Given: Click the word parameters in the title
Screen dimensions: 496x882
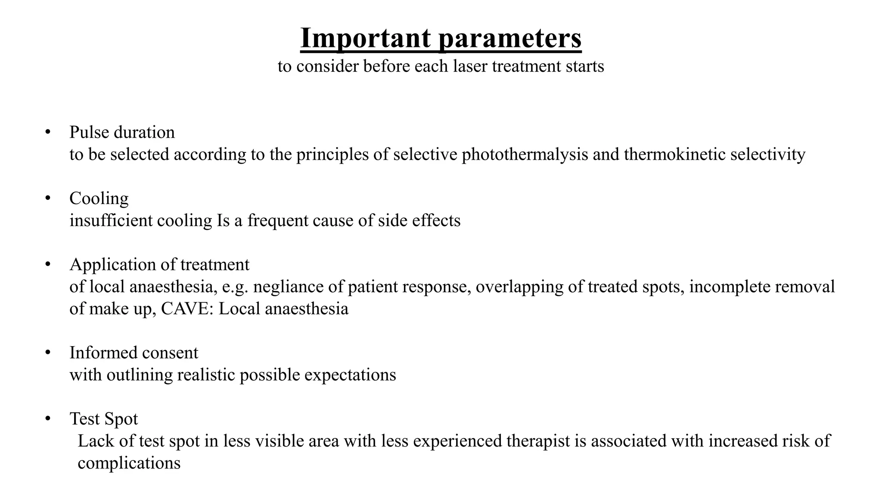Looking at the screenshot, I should (x=510, y=39).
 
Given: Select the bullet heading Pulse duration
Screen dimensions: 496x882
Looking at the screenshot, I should (x=122, y=132).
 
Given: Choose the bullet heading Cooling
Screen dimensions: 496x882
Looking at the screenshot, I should (x=99, y=198).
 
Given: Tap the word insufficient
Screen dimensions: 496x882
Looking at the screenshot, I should (x=111, y=220).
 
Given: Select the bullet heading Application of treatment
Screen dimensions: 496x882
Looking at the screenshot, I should (x=159, y=264).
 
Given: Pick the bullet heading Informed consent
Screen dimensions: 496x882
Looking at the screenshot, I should (x=134, y=353).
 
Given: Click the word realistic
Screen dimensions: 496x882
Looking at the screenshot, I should (x=206, y=375).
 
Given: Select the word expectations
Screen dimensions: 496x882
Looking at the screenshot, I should (x=350, y=375).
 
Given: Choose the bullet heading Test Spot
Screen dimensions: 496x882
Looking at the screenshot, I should (x=104, y=419).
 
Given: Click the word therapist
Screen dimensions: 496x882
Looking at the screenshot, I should (x=538, y=441).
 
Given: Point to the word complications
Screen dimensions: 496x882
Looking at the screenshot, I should (x=129, y=463).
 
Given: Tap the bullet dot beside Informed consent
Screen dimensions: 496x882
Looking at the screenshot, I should (x=48, y=353).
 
